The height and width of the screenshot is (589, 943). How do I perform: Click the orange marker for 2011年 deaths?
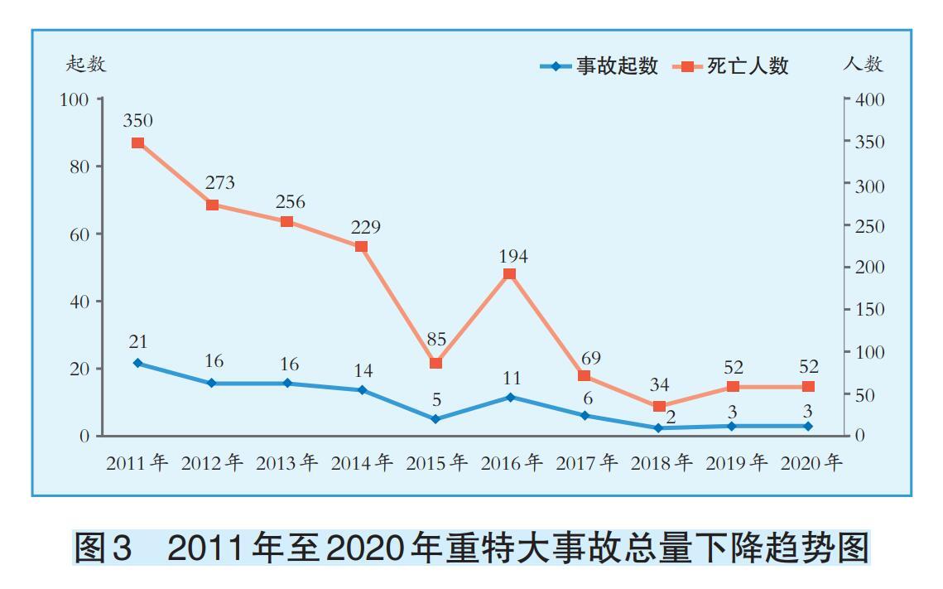(x=138, y=142)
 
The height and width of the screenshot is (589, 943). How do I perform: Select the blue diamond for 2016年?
(x=510, y=398)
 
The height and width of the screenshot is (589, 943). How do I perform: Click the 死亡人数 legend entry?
(x=732, y=66)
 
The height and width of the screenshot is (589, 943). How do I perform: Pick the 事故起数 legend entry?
(x=600, y=66)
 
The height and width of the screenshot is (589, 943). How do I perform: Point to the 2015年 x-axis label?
(x=436, y=463)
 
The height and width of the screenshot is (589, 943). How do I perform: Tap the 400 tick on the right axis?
(x=870, y=100)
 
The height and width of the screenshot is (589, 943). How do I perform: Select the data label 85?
(x=437, y=339)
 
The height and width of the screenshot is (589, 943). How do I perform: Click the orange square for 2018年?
(x=659, y=406)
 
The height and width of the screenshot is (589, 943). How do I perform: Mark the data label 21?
(x=138, y=341)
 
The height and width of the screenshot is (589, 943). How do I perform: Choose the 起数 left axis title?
(x=86, y=64)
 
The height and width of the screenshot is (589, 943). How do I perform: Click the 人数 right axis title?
(x=864, y=64)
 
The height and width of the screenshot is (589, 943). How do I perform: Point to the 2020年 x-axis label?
(x=811, y=463)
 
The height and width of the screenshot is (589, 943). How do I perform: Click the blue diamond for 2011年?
(x=138, y=363)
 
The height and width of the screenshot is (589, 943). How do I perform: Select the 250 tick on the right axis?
(x=870, y=226)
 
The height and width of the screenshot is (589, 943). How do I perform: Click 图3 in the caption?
(x=103, y=549)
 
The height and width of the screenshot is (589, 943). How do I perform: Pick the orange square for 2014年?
(x=361, y=247)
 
